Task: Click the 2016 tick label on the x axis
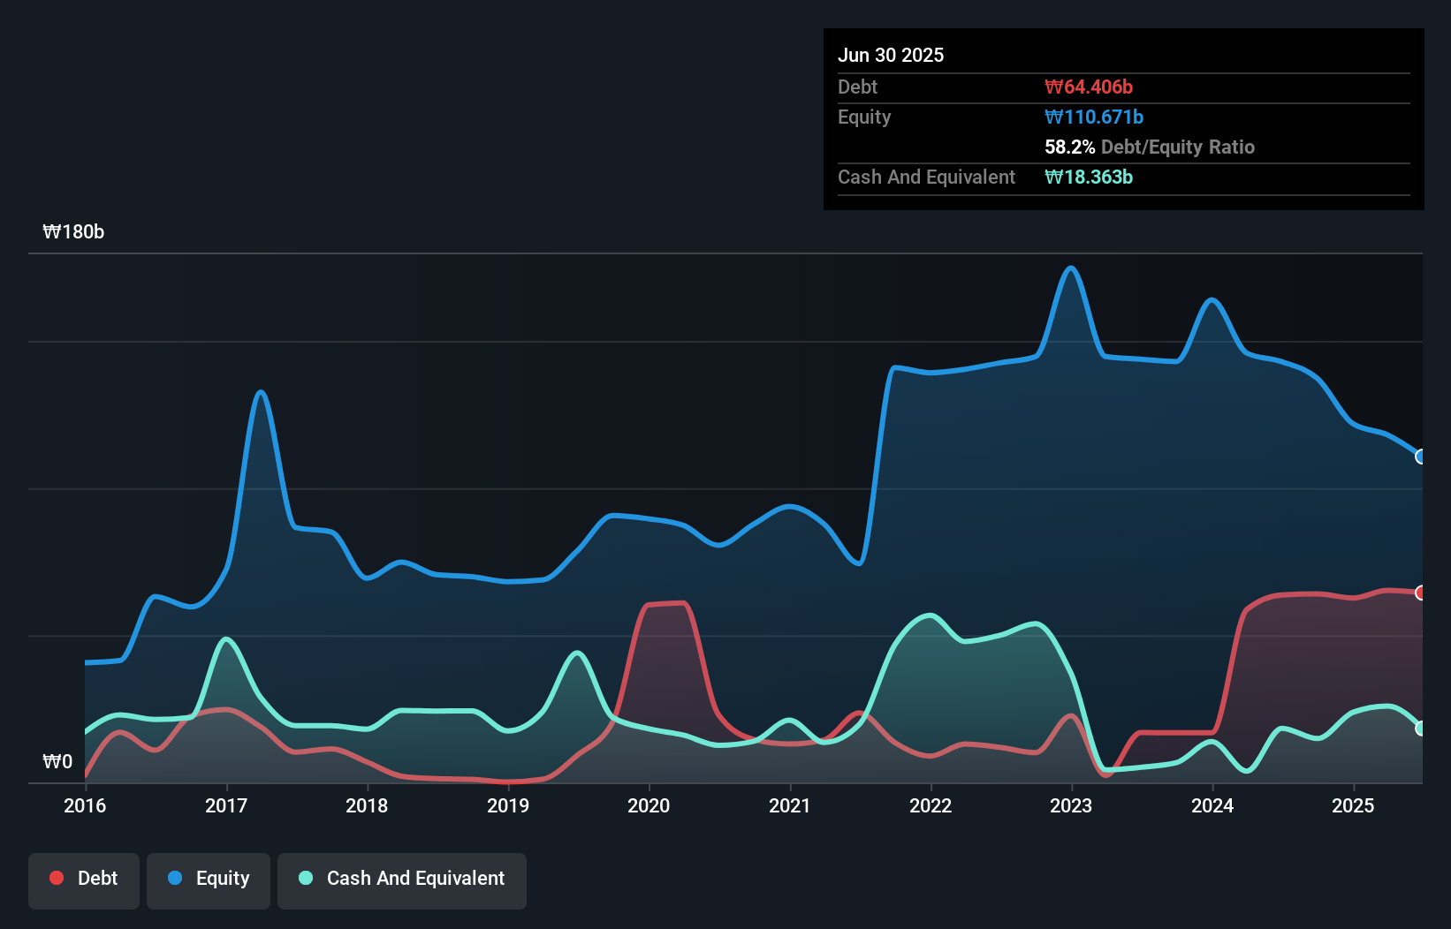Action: click(85, 805)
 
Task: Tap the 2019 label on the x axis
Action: click(508, 805)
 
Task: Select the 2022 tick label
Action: click(931, 805)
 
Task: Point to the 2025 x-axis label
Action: click(1353, 805)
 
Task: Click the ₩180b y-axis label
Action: click(73, 232)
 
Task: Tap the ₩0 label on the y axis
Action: click(57, 761)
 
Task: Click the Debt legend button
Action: click(84, 879)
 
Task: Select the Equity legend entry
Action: click(209, 879)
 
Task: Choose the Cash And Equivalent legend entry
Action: click(402, 879)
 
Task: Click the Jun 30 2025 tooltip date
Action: click(891, 55)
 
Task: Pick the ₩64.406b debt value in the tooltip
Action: click(1088, 87)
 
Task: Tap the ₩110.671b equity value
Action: click(1093, 117)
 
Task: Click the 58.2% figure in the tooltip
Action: click(1069, 147)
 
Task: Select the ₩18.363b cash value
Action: click(1088, 177)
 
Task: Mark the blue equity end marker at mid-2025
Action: click(1421, 457)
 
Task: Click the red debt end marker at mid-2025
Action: click(1421, 593)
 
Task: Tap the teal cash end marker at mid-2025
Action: click(1421, 729)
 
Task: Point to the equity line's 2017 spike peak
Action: click(260, 392)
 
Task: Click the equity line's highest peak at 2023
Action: click(1071, 268)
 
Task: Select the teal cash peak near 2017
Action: click(226, 638)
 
